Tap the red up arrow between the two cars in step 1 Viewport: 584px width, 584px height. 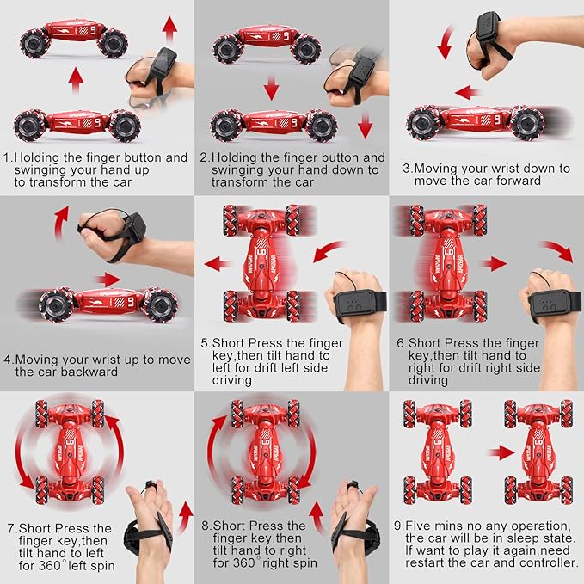(x=76, y=82)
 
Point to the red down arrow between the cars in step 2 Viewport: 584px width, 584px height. (x=271, y=88)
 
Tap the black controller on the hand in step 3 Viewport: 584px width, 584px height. (x=489, y=35)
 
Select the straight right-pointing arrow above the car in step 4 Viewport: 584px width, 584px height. (x=108, y=280)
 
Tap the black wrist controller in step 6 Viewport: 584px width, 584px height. (x=555, y=303)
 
